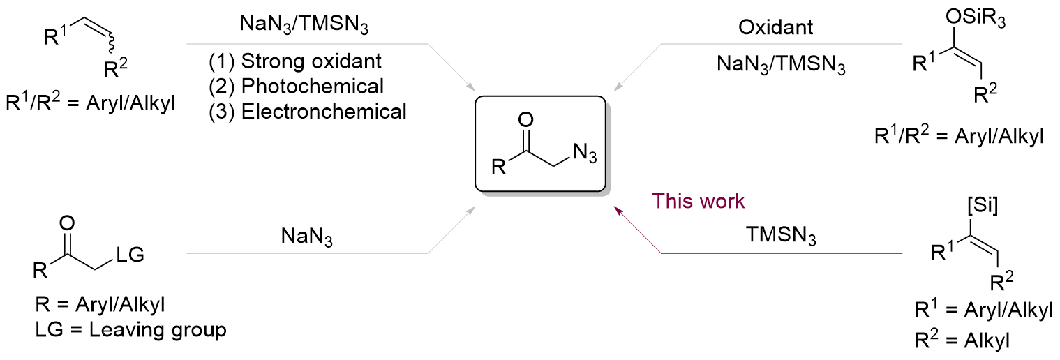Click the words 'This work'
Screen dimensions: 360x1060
coord(698,202)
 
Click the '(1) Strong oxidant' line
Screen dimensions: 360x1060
coord(295,61)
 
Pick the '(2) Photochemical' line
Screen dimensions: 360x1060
coord(297,86)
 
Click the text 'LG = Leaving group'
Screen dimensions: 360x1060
coord(130,329)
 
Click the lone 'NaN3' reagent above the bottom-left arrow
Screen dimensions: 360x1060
coord(306,239)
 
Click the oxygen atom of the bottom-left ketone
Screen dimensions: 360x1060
coord(67,224)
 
